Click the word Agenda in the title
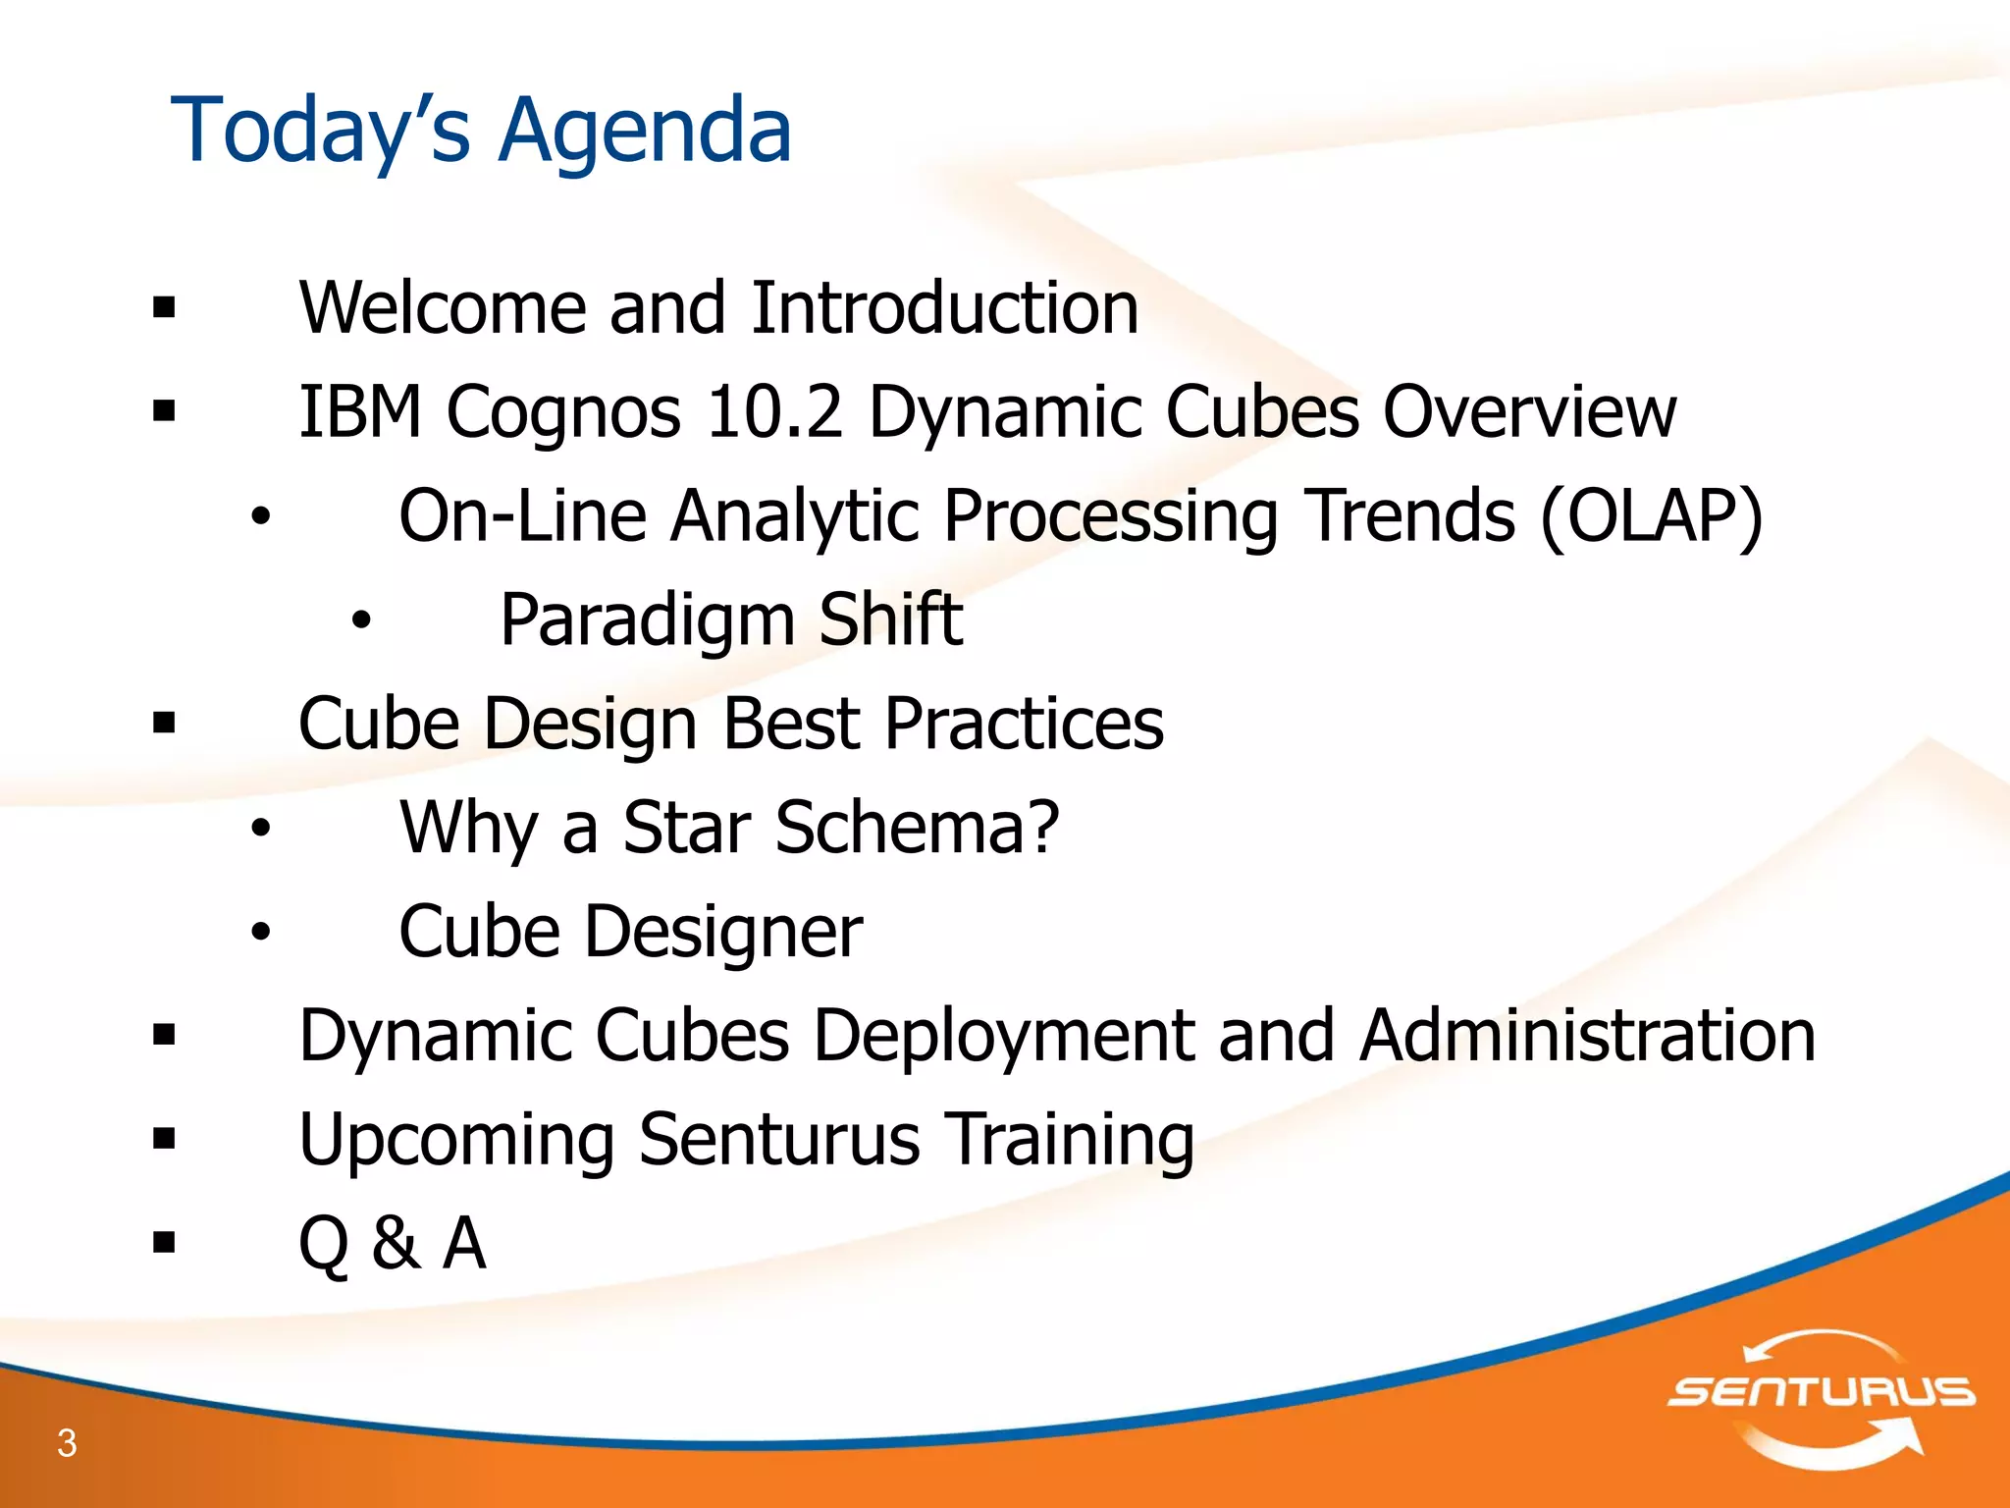click(x=645, y=132)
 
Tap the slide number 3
click(x=67, y=1442)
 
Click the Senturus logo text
click(x=1821, y=1391)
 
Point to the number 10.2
click(x=774, y=411)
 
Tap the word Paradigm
click(x=647, y=621)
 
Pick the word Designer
click(x=723, y=933)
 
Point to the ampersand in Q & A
click(x=396, y=1243)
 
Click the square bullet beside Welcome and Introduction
click(x=164, y=308)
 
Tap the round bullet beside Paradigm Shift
click(x=362, y=620)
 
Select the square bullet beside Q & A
click(x=164, y=1243)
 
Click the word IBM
click(x=359, y=411)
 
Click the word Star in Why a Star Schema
click(x=686, y=827)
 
